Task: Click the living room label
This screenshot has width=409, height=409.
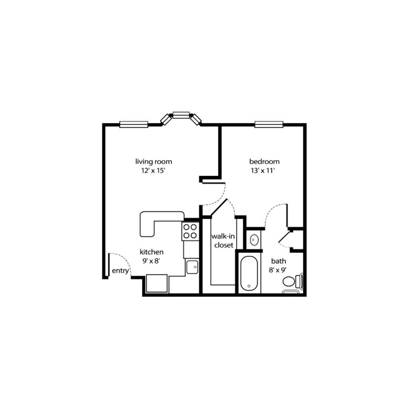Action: click(154, 162)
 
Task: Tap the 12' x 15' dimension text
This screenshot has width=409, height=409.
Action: click(153, 171)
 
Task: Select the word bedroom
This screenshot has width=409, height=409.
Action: click(264, 161)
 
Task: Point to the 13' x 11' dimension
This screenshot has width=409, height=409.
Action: click(263, 171)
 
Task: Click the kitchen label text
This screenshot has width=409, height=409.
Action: click(151, 252)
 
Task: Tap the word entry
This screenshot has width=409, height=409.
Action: click(121, 271)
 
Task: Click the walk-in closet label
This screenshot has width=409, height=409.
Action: click(223, 241)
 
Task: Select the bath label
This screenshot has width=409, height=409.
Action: click(278, 261)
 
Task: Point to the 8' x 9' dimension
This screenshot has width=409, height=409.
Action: click(278, 270)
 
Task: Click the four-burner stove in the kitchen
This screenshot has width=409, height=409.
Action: click(190, 231)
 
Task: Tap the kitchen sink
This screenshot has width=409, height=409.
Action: click(192, 267)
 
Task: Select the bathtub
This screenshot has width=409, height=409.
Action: click(249, 273)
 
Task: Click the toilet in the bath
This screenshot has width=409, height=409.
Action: click(293, 282)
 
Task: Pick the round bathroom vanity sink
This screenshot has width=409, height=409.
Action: click(254, 240)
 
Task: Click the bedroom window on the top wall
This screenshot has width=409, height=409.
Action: click(269, 125)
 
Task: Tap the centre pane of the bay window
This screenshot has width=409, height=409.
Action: click(181, 115)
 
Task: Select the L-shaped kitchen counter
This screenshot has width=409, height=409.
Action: click(159, 222)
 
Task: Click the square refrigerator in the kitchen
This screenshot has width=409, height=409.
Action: click(157, 283)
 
